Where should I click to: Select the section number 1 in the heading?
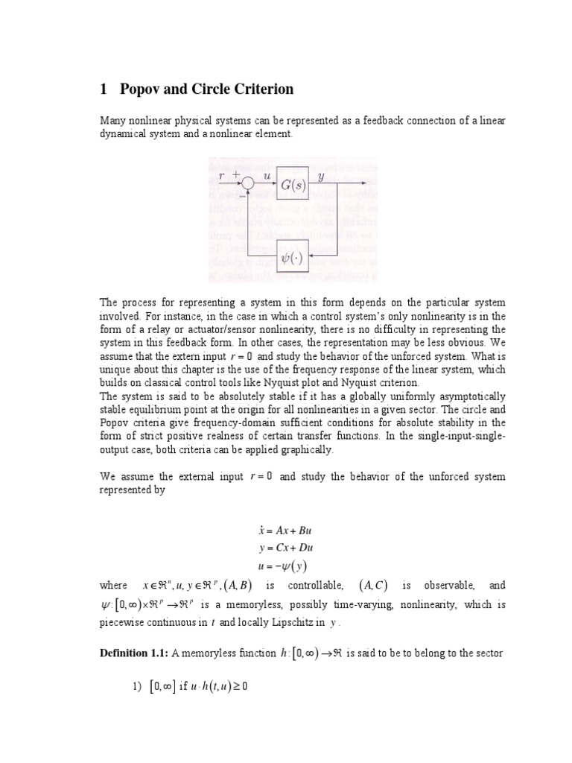104,89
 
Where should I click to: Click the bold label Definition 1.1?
133,653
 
